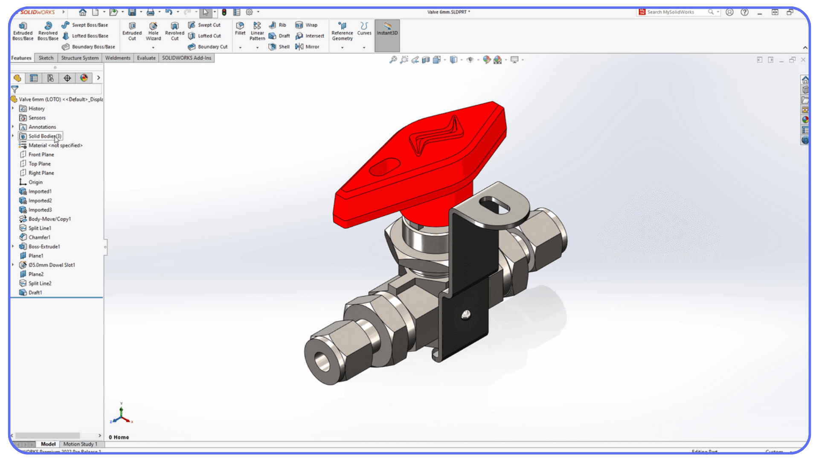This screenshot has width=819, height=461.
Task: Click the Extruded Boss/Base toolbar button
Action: coord(23,31)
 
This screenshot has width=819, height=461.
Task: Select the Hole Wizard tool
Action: coord(153,31)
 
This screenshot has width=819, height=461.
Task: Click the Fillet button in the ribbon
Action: coord(240,29)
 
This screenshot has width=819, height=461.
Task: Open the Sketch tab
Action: coord(46,58)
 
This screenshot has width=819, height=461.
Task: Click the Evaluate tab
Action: coord(146,58)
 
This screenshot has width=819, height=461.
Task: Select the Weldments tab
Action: coord(118,58)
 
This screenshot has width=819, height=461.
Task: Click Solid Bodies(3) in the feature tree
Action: coord(44,136)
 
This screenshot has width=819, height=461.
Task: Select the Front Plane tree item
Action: coord(41,155)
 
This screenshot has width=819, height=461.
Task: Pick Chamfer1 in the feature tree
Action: coord(39,237)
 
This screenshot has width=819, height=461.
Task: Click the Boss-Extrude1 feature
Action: coord(44,247)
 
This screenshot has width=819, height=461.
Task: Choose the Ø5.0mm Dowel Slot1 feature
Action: coord(52,265)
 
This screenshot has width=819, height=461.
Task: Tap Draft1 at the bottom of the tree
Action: coord(35,293)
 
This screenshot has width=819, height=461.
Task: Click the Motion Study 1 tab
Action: coord(80,444)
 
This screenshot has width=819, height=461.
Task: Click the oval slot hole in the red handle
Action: coord(385,166)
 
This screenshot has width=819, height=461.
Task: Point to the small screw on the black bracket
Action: coord(466,315)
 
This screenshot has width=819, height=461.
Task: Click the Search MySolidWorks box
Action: coord(676,12)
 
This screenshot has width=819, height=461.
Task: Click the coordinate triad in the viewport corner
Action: coord(122,415)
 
